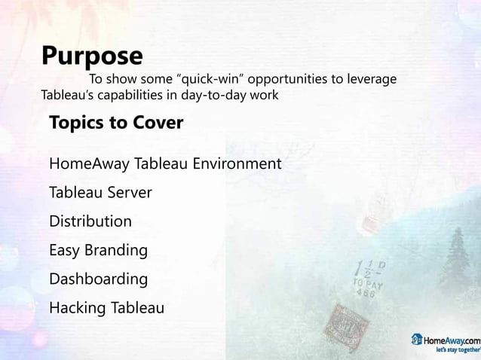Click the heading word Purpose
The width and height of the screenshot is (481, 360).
(x=92, y=56)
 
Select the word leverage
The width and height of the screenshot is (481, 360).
(x=370, y=80)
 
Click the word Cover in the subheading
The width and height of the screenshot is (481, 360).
(x=159, y=123)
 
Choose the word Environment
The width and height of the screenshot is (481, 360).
(x=237, y=163)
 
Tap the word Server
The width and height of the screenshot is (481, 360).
(x=128, y=192)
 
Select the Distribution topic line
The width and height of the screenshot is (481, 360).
(x=90, y=221)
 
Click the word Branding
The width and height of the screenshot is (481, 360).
(x=116, y=250)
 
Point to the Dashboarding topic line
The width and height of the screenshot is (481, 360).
(x=98, y=279)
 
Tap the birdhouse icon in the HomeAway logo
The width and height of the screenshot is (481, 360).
(x=416, y=339)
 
